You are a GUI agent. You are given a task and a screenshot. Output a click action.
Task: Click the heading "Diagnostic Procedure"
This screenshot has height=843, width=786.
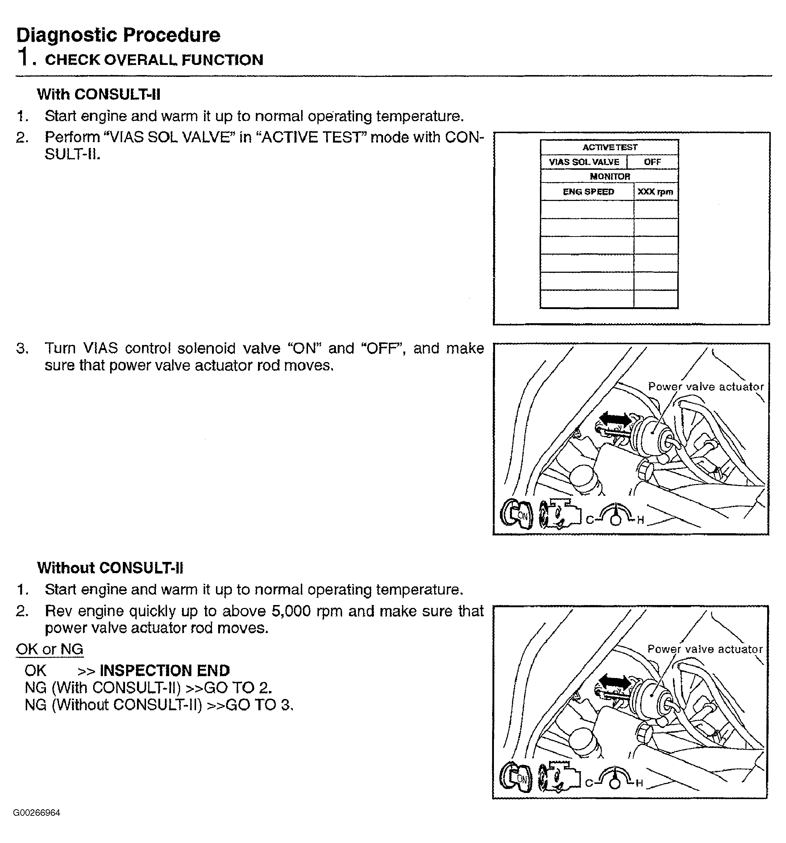pos(118,35)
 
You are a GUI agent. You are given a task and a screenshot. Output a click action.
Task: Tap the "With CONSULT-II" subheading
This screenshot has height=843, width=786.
pos(99,94)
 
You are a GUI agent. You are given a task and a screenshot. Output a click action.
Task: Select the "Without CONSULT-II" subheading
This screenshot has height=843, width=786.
pos(110,568)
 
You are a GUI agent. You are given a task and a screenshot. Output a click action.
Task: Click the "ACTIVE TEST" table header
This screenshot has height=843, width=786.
pos(609,147)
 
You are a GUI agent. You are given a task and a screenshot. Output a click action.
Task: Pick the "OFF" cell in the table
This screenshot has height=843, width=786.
pos(652,162)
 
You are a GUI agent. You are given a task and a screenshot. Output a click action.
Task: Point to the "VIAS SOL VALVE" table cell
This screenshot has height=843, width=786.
pos(584,162)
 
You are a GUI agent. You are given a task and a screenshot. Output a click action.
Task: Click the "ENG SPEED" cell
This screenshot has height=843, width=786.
pos(588,192)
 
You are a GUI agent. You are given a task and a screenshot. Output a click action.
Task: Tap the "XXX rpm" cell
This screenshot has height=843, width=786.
pos(655,192)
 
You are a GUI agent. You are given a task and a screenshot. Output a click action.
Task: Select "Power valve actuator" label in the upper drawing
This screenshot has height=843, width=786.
pos(706,386)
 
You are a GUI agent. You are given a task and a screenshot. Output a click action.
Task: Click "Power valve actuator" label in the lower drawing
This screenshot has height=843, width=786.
pos(704,649)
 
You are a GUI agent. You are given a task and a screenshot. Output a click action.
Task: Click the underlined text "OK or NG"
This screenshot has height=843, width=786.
pos(50,649)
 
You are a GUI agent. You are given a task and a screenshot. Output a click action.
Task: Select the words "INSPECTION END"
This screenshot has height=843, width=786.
pos(165,670)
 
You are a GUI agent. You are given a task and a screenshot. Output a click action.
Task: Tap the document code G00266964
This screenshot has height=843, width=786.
pos(37,813)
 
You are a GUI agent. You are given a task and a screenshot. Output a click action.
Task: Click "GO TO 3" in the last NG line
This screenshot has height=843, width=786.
pos(258,705)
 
